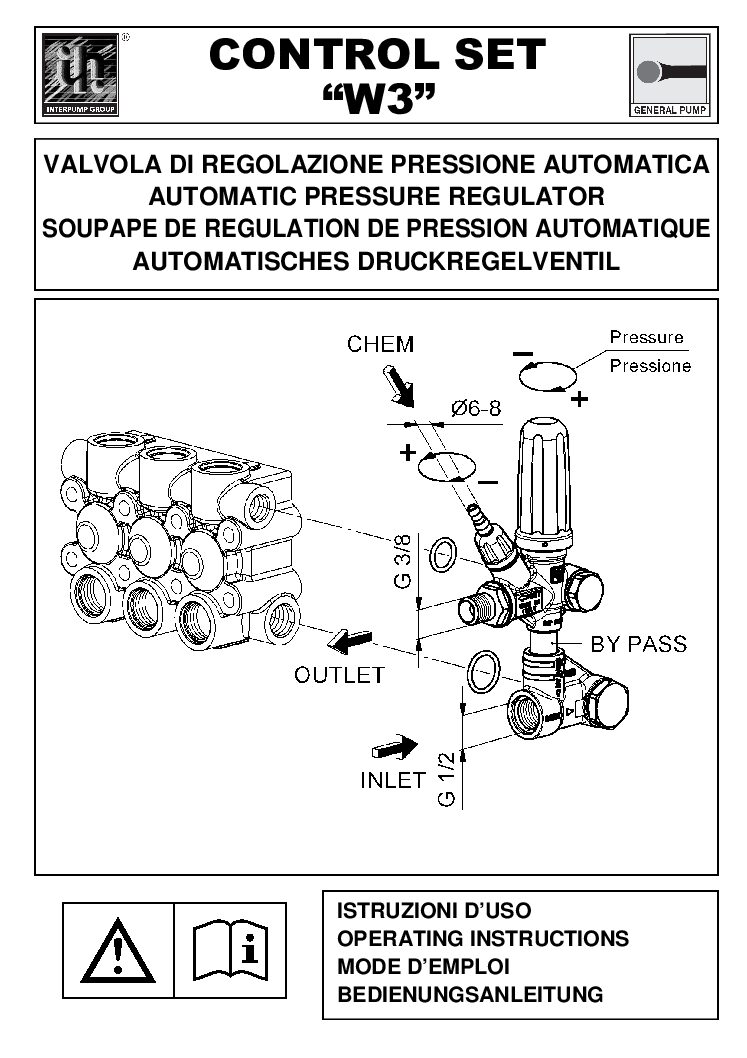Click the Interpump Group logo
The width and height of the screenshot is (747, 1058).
[82, 75]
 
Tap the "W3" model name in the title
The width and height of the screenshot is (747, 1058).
[378, 98]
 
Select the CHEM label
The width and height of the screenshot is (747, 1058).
[380, 344]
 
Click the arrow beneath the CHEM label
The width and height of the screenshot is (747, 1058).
[400, 386]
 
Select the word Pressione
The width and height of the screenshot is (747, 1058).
[650, 366]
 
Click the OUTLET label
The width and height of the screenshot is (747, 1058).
[339, 674]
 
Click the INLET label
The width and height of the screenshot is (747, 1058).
[393, 780]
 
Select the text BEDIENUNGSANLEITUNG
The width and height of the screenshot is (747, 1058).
[470, 995]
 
